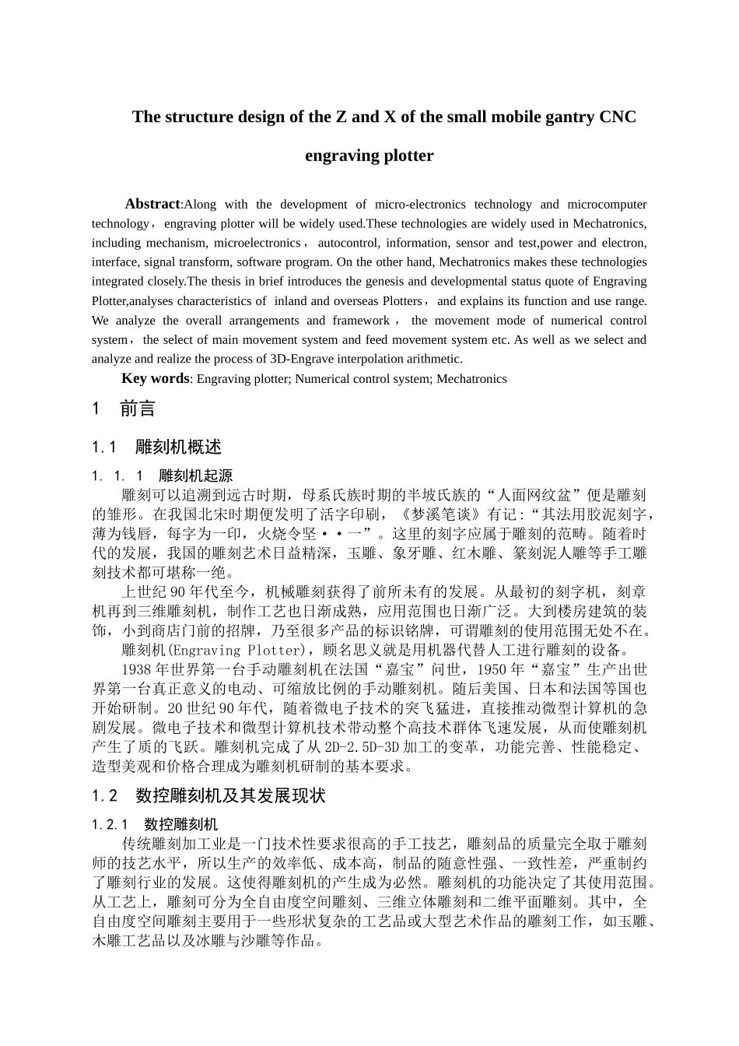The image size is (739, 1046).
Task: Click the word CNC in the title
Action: [618, 117]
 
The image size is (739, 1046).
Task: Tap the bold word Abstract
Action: [152, 204]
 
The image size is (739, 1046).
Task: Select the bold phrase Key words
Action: [155, 378]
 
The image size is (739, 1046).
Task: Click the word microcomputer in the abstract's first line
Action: [607, 204]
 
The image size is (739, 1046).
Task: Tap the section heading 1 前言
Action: [124, 409]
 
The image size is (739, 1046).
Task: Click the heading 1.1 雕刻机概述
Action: [156, 447]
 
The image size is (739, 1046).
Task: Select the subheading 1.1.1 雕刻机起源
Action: [162, 476]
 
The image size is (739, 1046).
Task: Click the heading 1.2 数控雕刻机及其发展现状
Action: [208, 795]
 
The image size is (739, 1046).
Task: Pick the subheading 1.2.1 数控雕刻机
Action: [155, 824]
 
